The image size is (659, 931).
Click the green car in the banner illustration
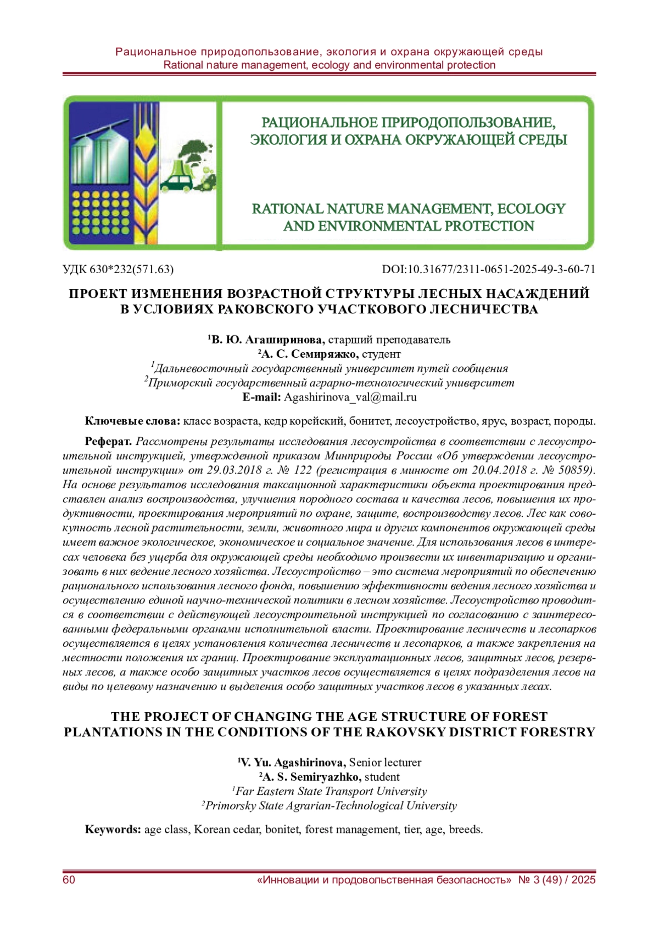(176, 183)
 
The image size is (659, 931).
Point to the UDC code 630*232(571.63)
(118, 269)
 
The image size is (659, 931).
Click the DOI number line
(488, 269)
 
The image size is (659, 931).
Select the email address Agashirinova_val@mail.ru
(350, 397)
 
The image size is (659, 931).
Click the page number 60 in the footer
(69, 880)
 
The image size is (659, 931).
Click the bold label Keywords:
(113, 829)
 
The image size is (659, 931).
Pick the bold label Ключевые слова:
(132, 421)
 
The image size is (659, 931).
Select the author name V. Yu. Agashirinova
(294, 762)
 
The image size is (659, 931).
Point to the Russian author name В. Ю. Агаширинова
(268, 340)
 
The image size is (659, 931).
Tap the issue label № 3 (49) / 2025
(557, 880)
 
